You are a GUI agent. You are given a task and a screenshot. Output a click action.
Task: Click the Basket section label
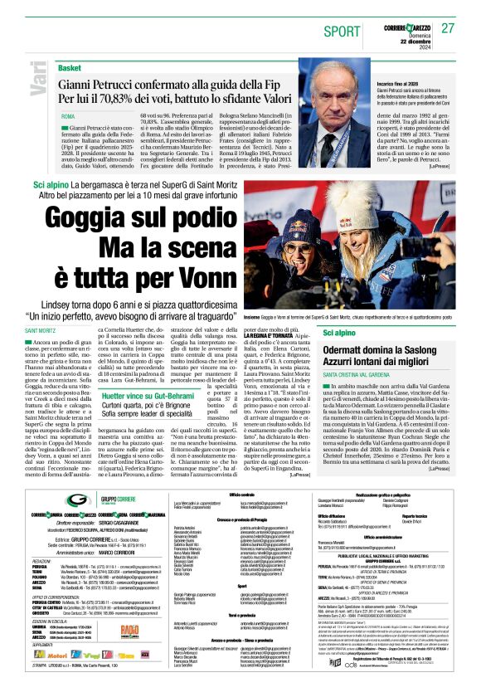[70, 67]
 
